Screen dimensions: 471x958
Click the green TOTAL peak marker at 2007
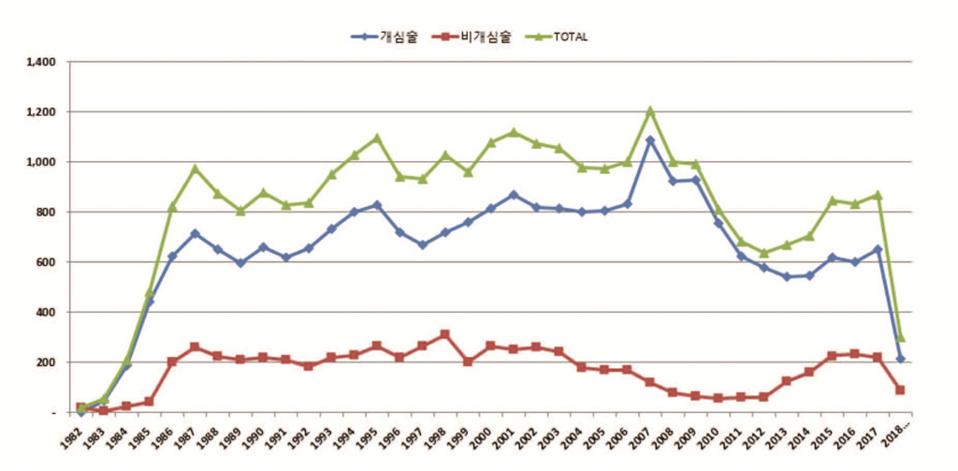650,110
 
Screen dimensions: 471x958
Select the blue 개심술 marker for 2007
650,140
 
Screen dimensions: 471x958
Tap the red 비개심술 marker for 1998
445,334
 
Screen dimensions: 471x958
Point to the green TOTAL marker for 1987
195,169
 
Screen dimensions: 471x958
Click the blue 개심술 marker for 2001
514,195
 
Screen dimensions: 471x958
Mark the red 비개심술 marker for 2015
833,356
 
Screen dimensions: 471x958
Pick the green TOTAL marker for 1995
377,138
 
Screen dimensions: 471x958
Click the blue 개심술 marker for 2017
878,249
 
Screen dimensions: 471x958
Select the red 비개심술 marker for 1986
172,361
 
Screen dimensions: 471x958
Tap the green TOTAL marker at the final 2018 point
900,337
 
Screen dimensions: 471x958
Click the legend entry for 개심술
385,37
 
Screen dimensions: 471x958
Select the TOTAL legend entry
559,37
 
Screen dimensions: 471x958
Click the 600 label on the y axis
48,262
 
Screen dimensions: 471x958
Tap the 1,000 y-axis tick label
43,162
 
